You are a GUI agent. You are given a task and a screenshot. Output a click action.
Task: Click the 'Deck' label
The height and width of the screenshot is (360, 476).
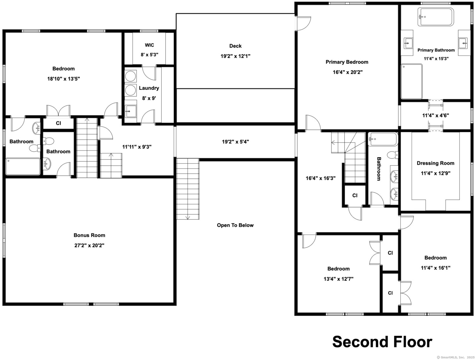235,46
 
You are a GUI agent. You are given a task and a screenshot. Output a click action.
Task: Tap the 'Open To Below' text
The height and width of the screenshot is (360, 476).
235,225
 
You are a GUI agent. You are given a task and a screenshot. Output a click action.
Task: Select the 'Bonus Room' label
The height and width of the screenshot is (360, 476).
89,235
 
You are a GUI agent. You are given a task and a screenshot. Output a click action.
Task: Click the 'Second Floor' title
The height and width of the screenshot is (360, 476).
382,342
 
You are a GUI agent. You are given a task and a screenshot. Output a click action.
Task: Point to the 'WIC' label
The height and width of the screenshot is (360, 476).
149,45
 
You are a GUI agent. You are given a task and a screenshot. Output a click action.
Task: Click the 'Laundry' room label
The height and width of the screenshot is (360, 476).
149,88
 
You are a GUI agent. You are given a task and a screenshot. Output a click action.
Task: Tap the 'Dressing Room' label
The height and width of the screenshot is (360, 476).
435,163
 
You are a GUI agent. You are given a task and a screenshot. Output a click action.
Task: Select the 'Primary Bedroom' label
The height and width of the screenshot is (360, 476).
347,62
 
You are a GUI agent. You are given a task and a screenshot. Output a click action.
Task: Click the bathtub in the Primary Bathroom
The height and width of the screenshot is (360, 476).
436,17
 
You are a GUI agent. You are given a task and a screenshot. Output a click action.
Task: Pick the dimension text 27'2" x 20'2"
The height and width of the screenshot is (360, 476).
89,245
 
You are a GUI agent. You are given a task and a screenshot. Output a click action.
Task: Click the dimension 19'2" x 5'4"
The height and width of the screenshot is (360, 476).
235,142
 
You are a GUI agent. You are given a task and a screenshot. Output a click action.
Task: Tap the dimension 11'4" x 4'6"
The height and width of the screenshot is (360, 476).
435,116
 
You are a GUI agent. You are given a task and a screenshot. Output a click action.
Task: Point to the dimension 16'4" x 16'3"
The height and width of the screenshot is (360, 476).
321,178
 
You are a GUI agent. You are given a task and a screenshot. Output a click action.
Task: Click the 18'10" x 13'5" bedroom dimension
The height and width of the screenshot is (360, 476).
63,79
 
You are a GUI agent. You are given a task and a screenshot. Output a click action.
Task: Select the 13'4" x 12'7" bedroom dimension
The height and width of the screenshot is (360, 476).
339,279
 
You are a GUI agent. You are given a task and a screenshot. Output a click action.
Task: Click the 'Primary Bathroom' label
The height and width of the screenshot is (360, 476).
436,50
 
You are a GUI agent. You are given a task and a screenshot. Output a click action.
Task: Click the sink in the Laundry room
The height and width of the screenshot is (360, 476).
131,111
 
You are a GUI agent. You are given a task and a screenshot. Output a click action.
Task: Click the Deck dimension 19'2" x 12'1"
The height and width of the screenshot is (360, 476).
235,56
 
